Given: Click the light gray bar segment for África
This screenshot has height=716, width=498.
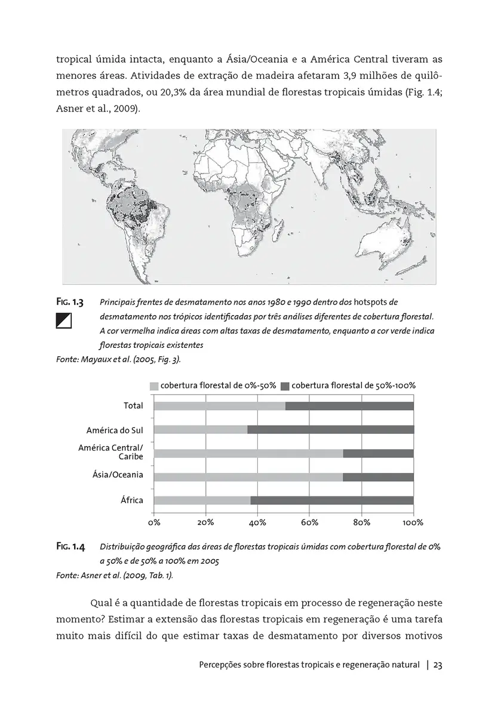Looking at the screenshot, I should (202, 500).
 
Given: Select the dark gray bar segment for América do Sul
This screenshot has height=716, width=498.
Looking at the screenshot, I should (330, 430).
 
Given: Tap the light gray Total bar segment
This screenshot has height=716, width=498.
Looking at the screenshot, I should (220, 406).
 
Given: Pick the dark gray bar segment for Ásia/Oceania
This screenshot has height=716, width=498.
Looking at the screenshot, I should (378, 477).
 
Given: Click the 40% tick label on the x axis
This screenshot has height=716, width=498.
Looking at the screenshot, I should (257, 523).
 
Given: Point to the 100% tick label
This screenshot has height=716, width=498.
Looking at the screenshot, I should (413, 523).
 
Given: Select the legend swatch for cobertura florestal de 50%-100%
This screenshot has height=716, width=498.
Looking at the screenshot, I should (284, 386).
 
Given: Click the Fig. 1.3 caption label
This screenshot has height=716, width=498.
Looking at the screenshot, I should (70, 303).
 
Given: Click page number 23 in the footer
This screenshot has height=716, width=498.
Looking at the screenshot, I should (438, 665).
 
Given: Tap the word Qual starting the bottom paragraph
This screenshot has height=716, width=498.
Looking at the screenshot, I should (102, 601).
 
